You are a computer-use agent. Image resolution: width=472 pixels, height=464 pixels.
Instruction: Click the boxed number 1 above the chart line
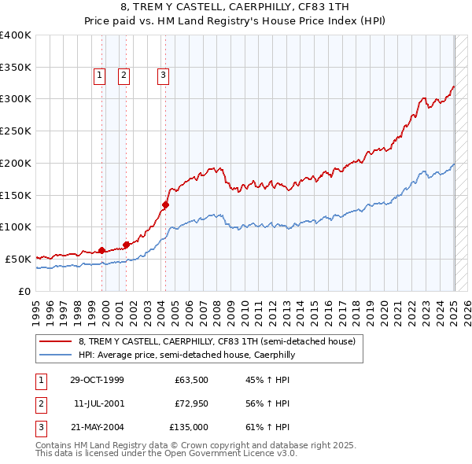(x=101, y=75)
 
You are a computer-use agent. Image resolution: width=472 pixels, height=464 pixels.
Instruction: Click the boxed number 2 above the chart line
(x=124, y=75)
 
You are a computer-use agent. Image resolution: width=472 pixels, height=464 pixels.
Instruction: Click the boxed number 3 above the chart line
(x=163, y=75)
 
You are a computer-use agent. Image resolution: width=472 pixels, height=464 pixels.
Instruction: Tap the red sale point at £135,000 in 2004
(x=165, y=204)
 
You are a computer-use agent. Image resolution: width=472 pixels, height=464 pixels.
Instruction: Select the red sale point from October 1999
(x=101, y=250)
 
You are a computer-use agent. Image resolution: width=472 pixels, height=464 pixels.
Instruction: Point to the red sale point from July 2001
(x=126, y=245)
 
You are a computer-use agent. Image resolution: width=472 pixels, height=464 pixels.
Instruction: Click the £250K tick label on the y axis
(x=15, y=131)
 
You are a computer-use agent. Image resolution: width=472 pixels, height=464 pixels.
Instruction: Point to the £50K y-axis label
(x=18, y=259)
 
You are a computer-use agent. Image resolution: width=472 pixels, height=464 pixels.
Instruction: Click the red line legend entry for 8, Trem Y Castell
(x=217, y=341)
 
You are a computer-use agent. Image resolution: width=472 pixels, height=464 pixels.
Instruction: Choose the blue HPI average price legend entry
(x=186, y=355)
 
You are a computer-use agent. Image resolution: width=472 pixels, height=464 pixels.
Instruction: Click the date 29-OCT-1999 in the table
(x=97, y=381)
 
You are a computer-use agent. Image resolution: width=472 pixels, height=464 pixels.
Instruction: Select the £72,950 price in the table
(x=192, y=403)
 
